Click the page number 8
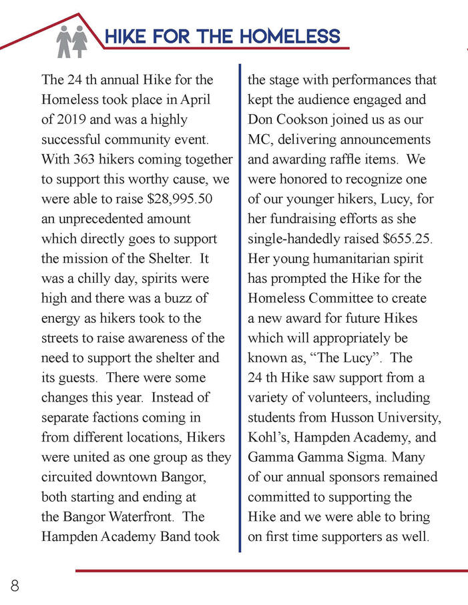(x=14, y=586)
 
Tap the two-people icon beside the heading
(x=72, y=41)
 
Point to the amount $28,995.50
(x=175, y=199)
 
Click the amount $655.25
(x=405, y=239)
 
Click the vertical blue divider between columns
(x=240, y=307)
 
